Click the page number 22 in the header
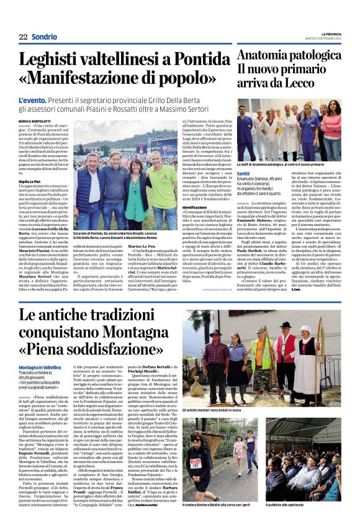(x=23, y=37)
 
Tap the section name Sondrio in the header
(x=44, y=37)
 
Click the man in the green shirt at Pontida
(x=163, y=181)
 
